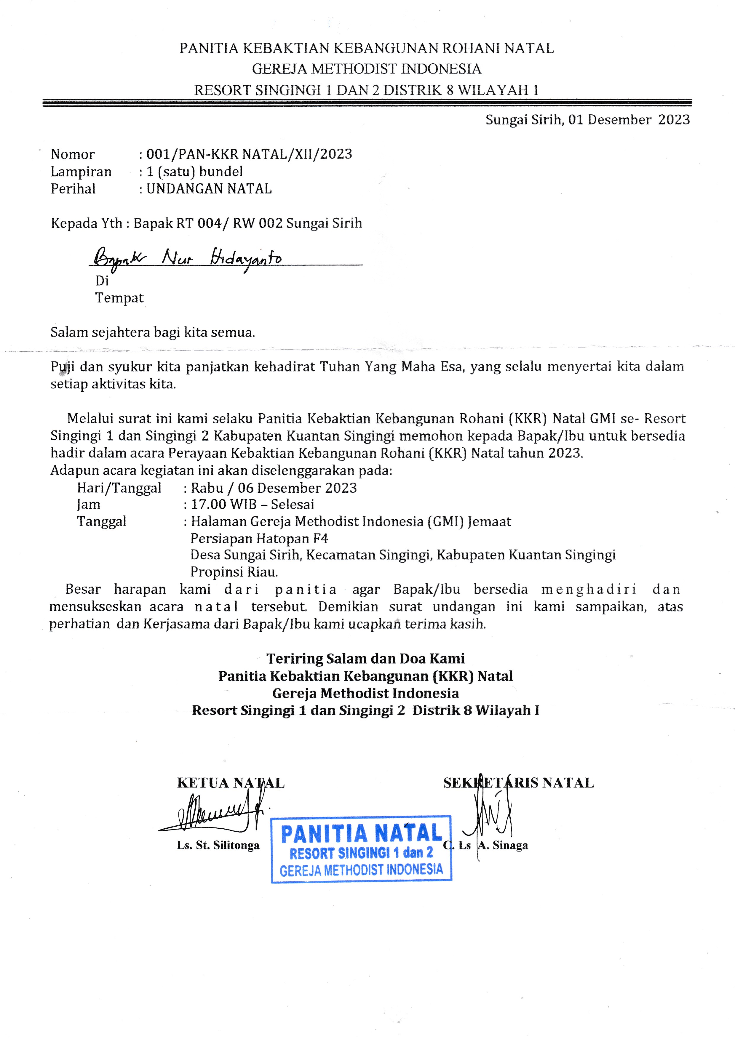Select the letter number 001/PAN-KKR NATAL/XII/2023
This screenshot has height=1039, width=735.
tap(249, 154)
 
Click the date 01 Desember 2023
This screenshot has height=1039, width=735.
tap(629, 120)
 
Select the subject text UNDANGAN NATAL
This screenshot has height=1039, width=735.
tap(209, 189)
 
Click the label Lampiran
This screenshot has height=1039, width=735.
tap(81, 172)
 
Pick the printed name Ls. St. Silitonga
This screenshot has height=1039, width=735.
tap(218, 845)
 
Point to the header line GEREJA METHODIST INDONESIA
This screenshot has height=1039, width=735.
tap(367, 69)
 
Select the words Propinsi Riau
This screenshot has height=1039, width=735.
tap(234, 572)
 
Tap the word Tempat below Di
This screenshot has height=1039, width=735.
tap(119, 298)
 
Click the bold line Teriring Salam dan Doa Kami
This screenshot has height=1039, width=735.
tap(365, 658)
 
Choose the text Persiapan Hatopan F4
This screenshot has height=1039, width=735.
tap(259, 539)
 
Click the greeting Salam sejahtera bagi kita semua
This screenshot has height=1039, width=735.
tap(153, 332)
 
